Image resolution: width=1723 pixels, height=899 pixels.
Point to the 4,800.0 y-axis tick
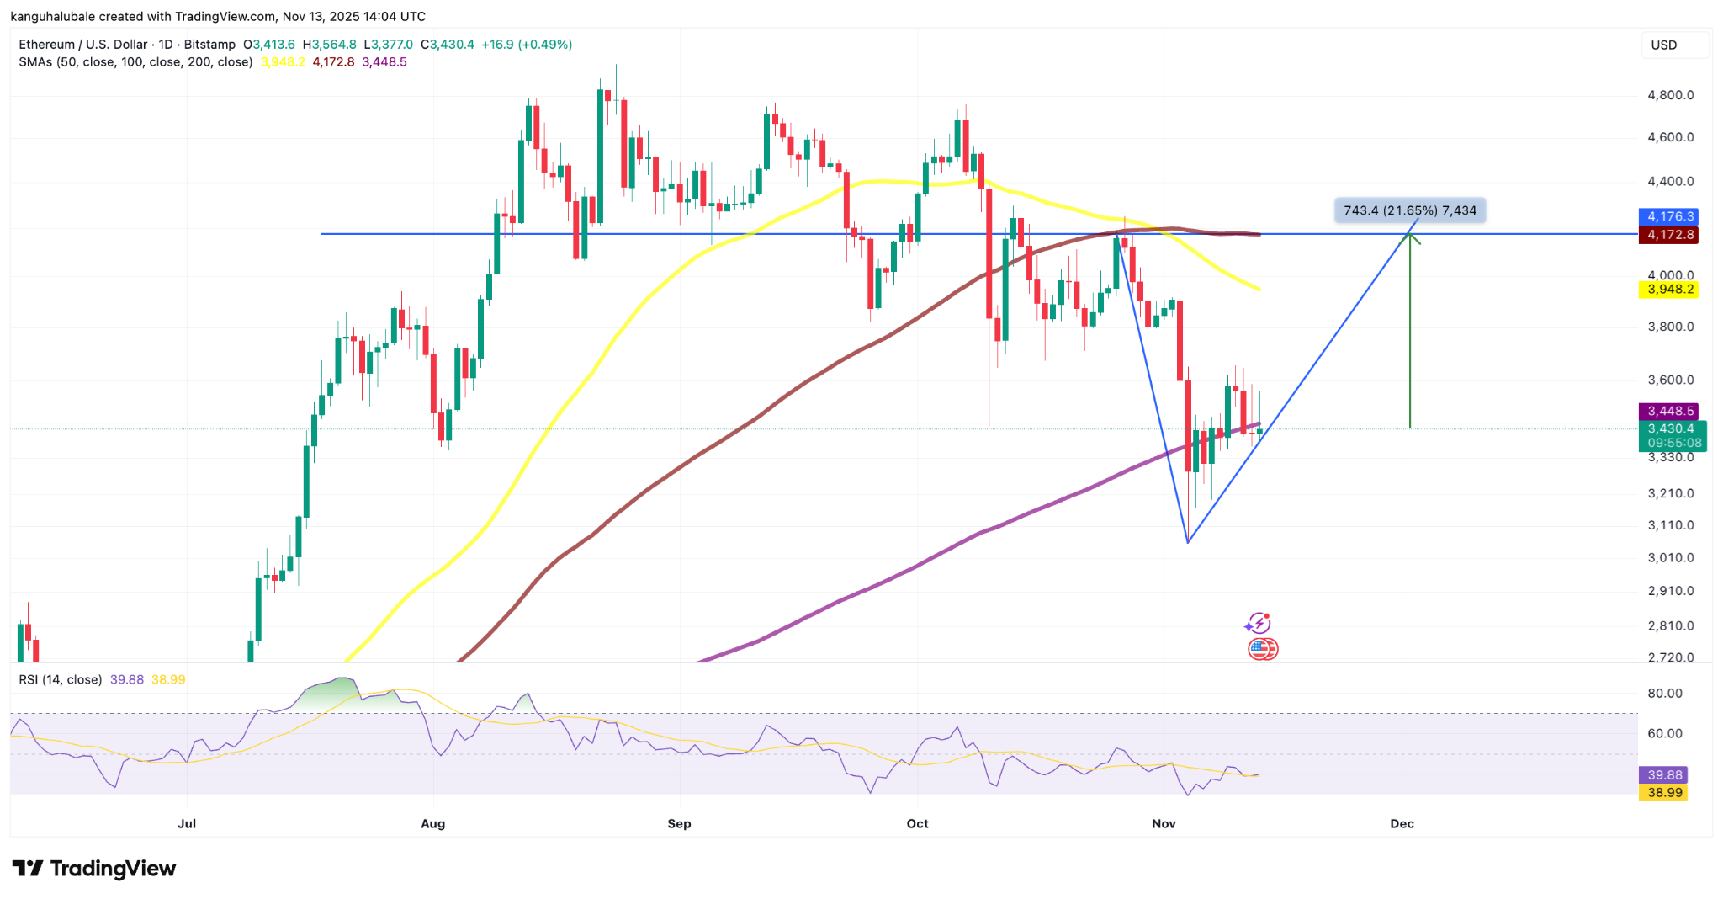[x=1670, y=95]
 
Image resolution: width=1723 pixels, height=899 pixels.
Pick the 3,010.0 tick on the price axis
[x=1670, y=557]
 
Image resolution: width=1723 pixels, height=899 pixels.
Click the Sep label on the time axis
[x=679, y=823]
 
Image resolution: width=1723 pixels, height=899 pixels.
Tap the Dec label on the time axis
[x=1402, y=823]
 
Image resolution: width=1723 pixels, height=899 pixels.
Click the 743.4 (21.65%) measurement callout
[x=1409, y=210]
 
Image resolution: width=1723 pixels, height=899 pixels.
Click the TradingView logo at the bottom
[x=94, y=868]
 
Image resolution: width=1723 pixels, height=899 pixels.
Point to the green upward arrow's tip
[x=1410, y=236]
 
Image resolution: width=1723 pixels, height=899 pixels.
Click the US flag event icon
[x=1262, y=649]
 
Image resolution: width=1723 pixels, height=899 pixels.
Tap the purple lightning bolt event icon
[x=1258, y=623]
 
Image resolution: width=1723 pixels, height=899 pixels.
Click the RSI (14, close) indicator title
[x=61, y=679]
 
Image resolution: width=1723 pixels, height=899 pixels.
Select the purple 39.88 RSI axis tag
[x=1665, y=774]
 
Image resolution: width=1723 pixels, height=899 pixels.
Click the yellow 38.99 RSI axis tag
[x=1665, y=792]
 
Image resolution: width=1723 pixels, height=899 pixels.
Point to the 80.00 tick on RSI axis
[x=1664, y=694]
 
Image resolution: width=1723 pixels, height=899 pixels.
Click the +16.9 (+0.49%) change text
[x=527, y=44]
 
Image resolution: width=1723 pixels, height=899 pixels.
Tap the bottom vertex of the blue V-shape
[x=1187, y=542]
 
